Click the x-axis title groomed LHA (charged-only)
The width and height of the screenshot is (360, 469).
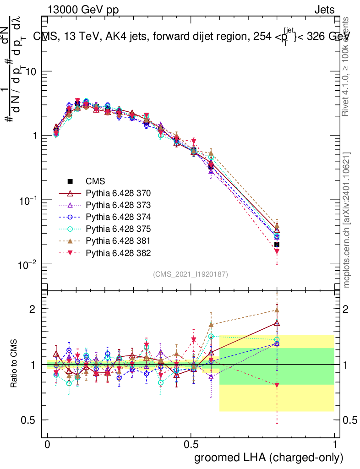point(269,457)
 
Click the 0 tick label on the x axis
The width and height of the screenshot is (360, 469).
point(48,445)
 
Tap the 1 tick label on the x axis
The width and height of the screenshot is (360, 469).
point(334,445)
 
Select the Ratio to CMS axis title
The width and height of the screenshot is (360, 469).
point(14,364)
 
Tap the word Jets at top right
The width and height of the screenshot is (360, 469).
point(324,10)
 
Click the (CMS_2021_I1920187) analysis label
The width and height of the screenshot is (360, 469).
point(191,274)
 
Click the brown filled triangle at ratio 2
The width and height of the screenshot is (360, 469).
point(277,310)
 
